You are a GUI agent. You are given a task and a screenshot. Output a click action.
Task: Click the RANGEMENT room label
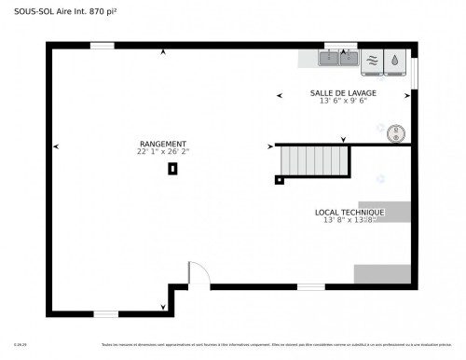(x=162, y=144)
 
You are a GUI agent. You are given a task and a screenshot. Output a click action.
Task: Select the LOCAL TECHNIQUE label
(x=349, y=213)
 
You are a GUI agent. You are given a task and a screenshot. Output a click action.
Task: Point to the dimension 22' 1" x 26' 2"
(x=162, y=151)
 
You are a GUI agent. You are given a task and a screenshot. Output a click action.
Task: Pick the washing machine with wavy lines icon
(x=372, y=59)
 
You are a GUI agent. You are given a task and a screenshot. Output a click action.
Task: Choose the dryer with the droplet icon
(x=395, y=59)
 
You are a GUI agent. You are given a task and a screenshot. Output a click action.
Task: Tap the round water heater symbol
(x=398, y=132)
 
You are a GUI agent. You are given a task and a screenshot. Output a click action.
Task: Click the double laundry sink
(x=339, y=58)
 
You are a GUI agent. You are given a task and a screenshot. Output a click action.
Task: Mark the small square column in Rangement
(x=172, y=169)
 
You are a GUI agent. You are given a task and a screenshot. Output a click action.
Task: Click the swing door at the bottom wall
(x=198, y=275)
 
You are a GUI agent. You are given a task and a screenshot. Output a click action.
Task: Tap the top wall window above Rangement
(x=102, y=45)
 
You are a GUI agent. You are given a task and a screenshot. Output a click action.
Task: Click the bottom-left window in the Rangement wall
(x=106, y=314)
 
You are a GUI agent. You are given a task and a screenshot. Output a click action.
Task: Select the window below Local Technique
(x=310, y=286)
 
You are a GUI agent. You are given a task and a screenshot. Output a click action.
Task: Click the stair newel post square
(x=279, y=180)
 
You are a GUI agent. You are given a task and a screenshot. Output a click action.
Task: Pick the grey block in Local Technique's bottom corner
(x=382, y=274)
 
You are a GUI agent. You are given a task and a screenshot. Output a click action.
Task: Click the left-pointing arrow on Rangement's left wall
(x=56, y=146)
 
